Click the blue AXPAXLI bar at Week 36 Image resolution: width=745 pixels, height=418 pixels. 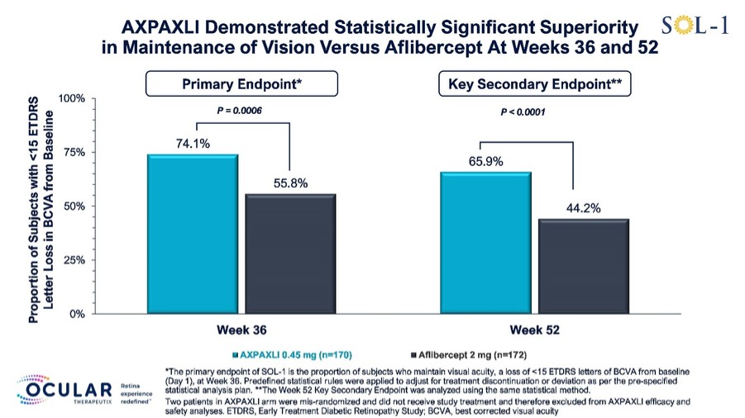[193, 234]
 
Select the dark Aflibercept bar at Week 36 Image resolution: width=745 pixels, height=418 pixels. [290, 254]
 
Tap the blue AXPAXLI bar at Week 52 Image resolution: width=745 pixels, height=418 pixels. [485, 243]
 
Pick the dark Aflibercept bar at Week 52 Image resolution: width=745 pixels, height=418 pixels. [584, 266]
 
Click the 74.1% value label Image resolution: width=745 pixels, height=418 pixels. [193, 144]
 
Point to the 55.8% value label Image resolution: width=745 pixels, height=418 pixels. [290, 183]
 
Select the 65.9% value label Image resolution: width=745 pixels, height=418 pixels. [485, 161]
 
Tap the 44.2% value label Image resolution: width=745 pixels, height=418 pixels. [584, 208]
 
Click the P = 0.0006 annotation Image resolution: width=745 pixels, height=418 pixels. [240, 111]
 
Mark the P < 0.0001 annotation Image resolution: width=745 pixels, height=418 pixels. [523, 112]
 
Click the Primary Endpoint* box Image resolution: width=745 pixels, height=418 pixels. [241, 84]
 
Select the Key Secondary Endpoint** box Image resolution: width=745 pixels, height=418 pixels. [534, 84]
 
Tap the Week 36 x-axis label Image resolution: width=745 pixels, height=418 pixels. [241, 330]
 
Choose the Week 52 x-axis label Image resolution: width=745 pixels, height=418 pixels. [534, 330]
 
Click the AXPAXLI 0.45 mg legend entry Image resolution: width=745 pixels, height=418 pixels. [292, 355]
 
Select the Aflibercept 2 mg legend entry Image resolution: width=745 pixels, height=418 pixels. [469, 355]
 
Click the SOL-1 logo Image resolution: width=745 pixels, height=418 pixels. [695, 25]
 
